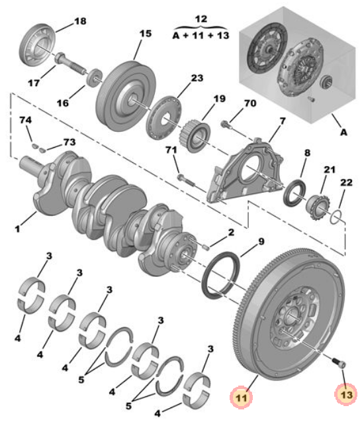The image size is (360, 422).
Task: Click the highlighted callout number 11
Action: click(x=241, y=397)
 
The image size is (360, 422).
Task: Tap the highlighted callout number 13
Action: click(x=346, y=394)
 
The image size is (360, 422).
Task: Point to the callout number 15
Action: click(x=146, y=33)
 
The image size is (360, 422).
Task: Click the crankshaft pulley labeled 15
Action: click(x=126, y=96)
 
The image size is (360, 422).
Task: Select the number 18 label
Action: click(x=80, y=21)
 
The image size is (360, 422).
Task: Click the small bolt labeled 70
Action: click(x=225, y=125)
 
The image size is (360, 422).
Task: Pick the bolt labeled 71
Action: click(x=185, y=180)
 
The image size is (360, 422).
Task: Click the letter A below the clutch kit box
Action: click(x=343, y=132)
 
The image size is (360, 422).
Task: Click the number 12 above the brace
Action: click(x=201, y=19)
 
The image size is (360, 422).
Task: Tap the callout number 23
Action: click(x=197, y=78)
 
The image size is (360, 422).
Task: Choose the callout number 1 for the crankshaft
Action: click(x=17, y=229)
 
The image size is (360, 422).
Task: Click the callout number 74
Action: click(x=25, y=120)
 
